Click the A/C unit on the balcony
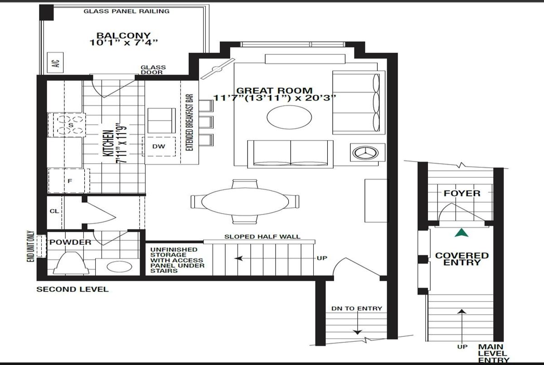[x=55, y=63]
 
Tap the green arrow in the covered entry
[x=461, y=233]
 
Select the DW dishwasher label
[x=159, y=146]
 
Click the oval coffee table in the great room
[x=289, y=117]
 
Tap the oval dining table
[x=245, y=202]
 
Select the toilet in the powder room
[x=71, y=263]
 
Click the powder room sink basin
[x=119, y=267]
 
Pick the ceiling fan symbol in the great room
[x=218, y=69]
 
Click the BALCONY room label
[x=124, y=35]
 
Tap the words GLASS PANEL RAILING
[x=126, y=11]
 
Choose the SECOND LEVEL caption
[x=73, y=289]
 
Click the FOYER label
[x=462, y=193]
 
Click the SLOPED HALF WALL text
[x=262, y=237]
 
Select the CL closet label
[x=54, y=211]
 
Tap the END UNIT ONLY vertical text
[x=30, y=246]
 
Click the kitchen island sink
[x=161, y=121]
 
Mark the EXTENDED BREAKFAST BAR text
[x=189, y=122]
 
